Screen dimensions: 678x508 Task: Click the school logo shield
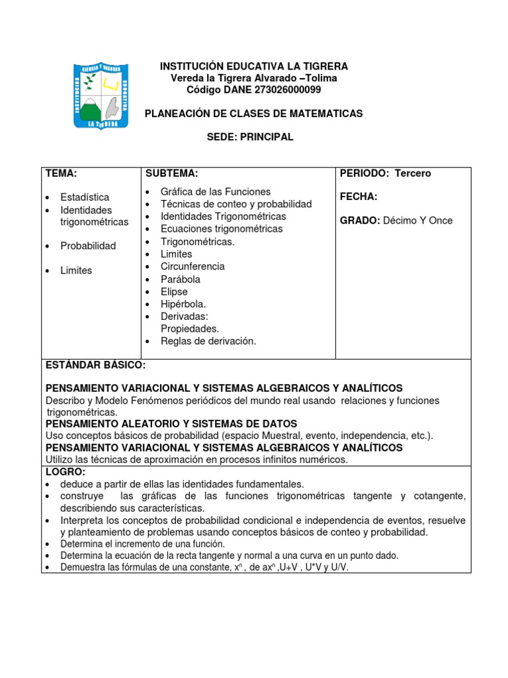100,96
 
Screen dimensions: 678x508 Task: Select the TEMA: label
62,173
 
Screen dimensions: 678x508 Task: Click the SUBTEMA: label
171,173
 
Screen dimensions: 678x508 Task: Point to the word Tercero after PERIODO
413,173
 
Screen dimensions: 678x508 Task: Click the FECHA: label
359,197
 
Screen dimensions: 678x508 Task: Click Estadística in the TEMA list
85,197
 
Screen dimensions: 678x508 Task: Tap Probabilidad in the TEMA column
88,246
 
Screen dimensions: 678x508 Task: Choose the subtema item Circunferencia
192,267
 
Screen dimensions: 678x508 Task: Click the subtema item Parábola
181,279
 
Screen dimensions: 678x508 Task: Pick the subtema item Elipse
174,292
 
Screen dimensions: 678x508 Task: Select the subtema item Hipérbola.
183,304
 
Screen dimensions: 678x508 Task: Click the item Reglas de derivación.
208,342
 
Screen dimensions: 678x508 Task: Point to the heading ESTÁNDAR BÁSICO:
95,365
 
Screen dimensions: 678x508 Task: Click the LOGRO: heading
65,471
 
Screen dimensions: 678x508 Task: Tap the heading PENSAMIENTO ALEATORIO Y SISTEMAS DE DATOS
171,424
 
